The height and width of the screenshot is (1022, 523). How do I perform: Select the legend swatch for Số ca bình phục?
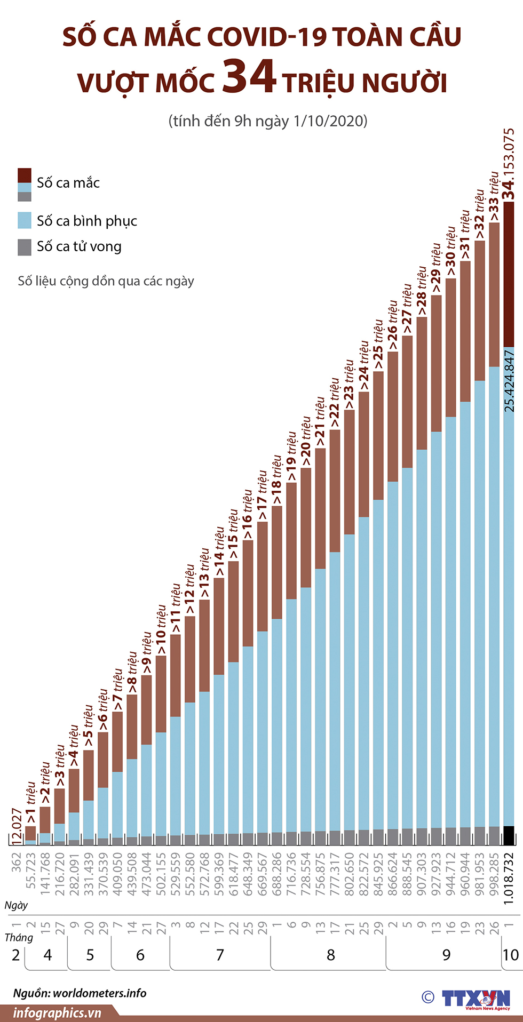[x=25, y=220]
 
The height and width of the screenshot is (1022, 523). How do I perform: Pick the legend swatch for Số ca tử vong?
[x=25, y=247]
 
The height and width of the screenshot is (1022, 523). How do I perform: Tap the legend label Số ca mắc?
[x=68, y=183]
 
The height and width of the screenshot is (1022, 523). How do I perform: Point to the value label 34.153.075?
[x=509, y=164]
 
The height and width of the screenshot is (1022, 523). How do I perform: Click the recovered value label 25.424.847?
[x=509, y=381]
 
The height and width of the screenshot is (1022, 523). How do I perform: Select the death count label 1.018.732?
[x=509, y=877]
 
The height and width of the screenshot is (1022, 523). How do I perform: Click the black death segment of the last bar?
[x=509, y=835]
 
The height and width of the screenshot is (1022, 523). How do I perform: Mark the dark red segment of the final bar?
[x=509, y=275]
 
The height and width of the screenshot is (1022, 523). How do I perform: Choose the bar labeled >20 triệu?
[x=306, y=656]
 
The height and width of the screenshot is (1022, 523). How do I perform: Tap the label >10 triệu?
[x=161, y=630]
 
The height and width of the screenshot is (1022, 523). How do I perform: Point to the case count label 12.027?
[x=17, y=826]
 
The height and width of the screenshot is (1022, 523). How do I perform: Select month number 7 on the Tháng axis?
[x=220, y=955]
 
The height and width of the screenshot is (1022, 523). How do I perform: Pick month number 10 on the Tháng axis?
[x=510, y=955]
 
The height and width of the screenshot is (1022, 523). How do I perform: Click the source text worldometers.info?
[x=100, y=993]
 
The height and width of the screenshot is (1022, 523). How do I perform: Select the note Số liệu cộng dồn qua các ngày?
[x=106, y=281]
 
